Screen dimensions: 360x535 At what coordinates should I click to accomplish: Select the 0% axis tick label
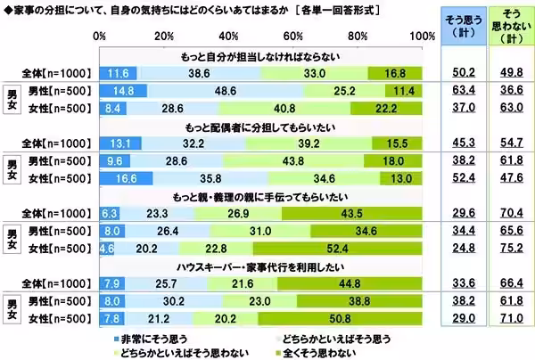pos(101,36)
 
